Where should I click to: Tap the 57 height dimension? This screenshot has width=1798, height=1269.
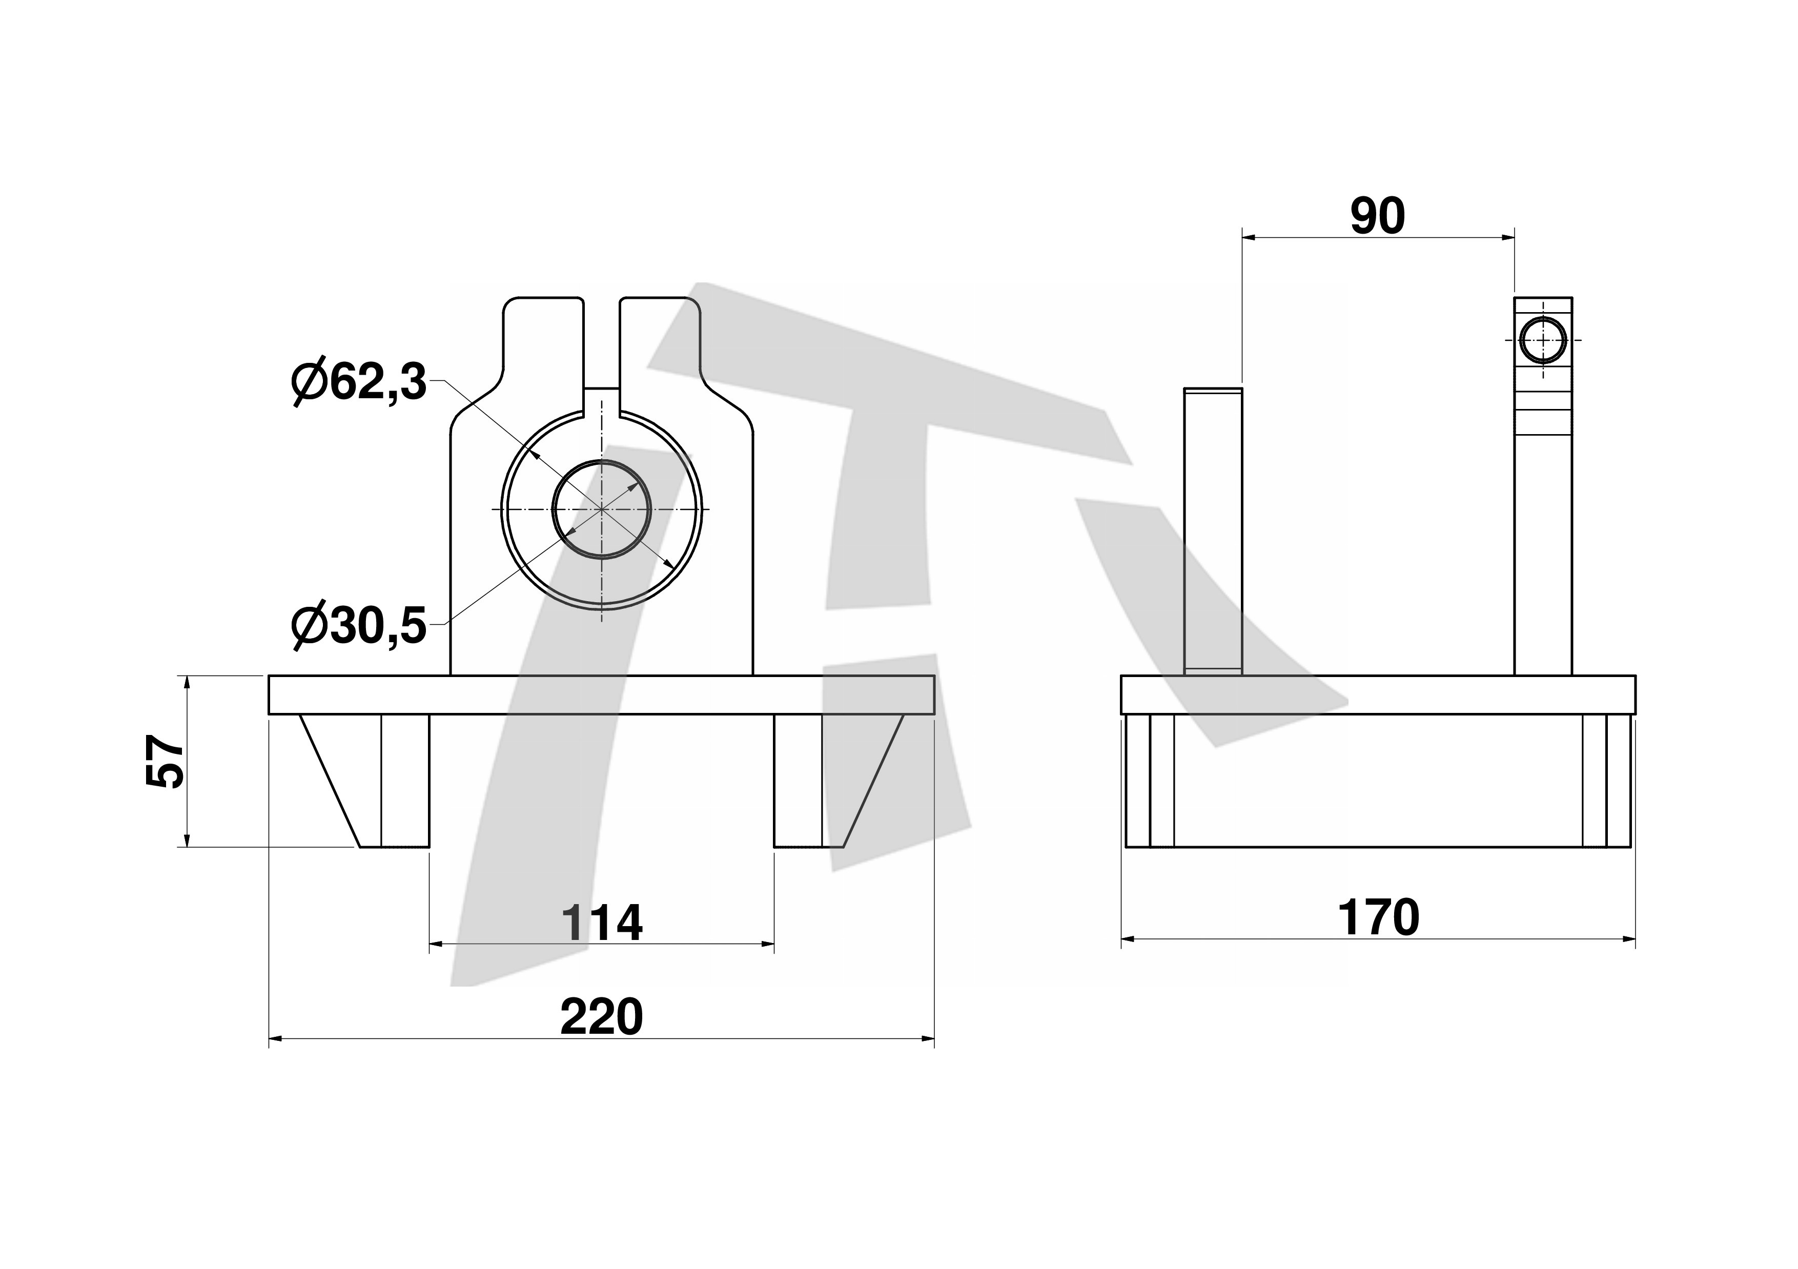[165, 761]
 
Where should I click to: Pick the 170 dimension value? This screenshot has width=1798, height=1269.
[1378, 917]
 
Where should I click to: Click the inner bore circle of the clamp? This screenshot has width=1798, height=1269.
[553, 509]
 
